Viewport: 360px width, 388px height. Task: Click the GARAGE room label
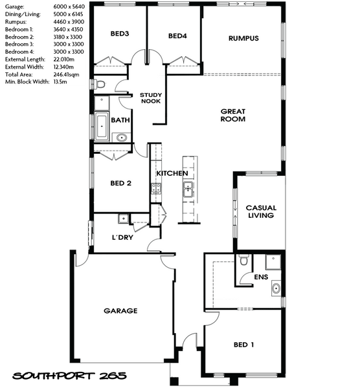pos(120,311)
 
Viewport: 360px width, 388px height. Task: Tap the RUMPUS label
pos(243,38)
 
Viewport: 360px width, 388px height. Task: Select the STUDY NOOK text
pos(151,98)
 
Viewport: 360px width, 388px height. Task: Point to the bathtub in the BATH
pos(102,126)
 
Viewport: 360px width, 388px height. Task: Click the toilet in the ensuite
pos(244,260)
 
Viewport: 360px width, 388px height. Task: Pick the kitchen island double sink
pos(188,189)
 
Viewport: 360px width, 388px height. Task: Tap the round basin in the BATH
pos(122,137)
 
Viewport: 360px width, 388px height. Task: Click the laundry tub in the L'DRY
pos(123,219)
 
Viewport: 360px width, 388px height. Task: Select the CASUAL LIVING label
pos(261,211)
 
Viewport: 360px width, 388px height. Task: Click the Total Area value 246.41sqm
pos(67,74)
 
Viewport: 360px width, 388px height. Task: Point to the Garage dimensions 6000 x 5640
pos(69,6)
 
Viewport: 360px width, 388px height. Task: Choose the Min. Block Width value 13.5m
pos(60,82)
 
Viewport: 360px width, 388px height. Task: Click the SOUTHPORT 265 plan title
pos(70,376)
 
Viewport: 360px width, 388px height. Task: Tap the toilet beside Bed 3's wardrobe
pos(99,84)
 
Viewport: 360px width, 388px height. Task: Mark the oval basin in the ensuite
pos(276,288)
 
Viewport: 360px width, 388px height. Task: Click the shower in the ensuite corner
pos(273,262)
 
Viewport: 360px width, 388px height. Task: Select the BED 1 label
pos(244,345)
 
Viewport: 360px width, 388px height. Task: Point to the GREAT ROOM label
pos(233,115)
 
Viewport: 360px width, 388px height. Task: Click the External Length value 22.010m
pos(64,59)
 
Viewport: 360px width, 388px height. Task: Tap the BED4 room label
pos(177,36)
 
